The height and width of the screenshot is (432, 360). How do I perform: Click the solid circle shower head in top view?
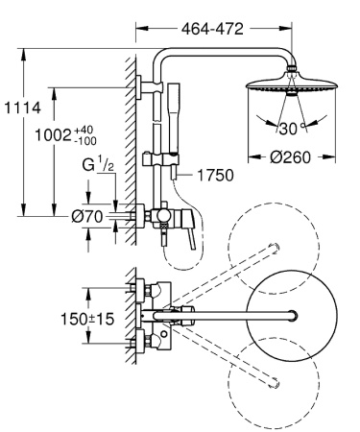(288, 316)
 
